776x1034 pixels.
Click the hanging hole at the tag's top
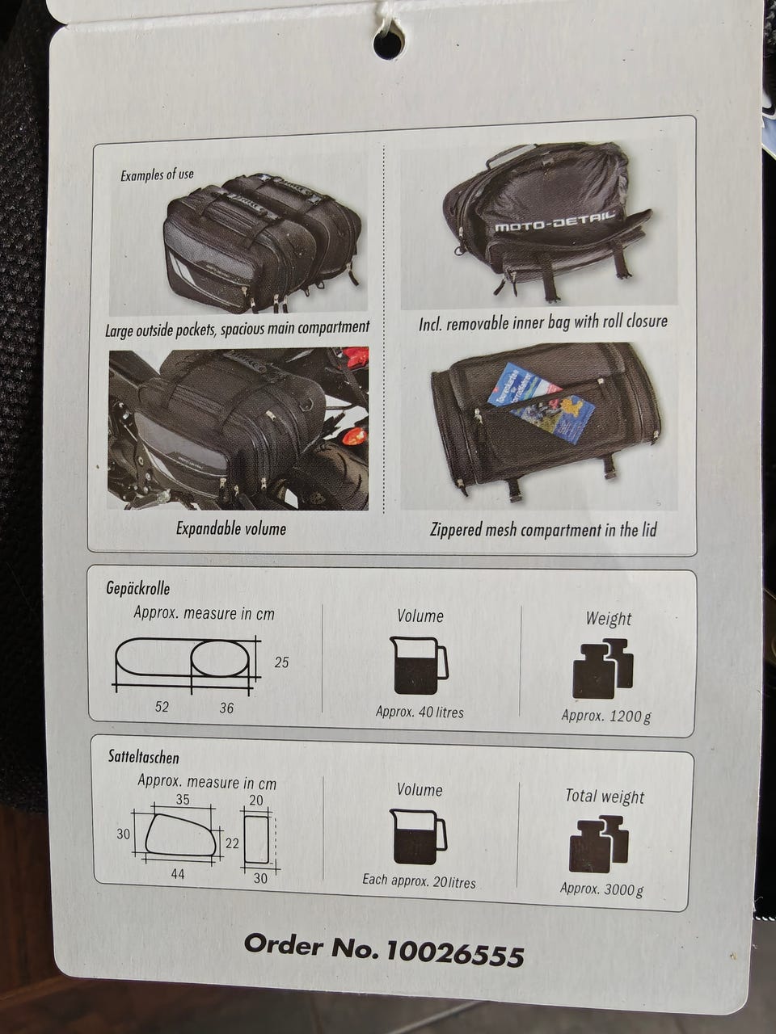388,45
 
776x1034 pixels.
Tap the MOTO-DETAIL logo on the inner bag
554,225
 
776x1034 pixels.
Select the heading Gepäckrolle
138,588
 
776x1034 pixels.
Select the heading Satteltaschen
144,757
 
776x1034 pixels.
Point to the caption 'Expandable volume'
231,528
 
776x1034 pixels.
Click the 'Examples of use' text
157,175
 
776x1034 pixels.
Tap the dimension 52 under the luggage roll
162,707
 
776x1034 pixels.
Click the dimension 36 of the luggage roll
226,708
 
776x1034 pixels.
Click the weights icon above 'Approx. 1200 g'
603,668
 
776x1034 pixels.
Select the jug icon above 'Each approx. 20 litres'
417,837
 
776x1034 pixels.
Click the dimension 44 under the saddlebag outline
177,874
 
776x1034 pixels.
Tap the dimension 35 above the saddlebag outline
183,800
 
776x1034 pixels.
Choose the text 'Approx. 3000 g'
601,889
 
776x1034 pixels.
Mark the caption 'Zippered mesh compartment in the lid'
543,530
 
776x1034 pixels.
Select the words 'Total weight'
605,797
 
